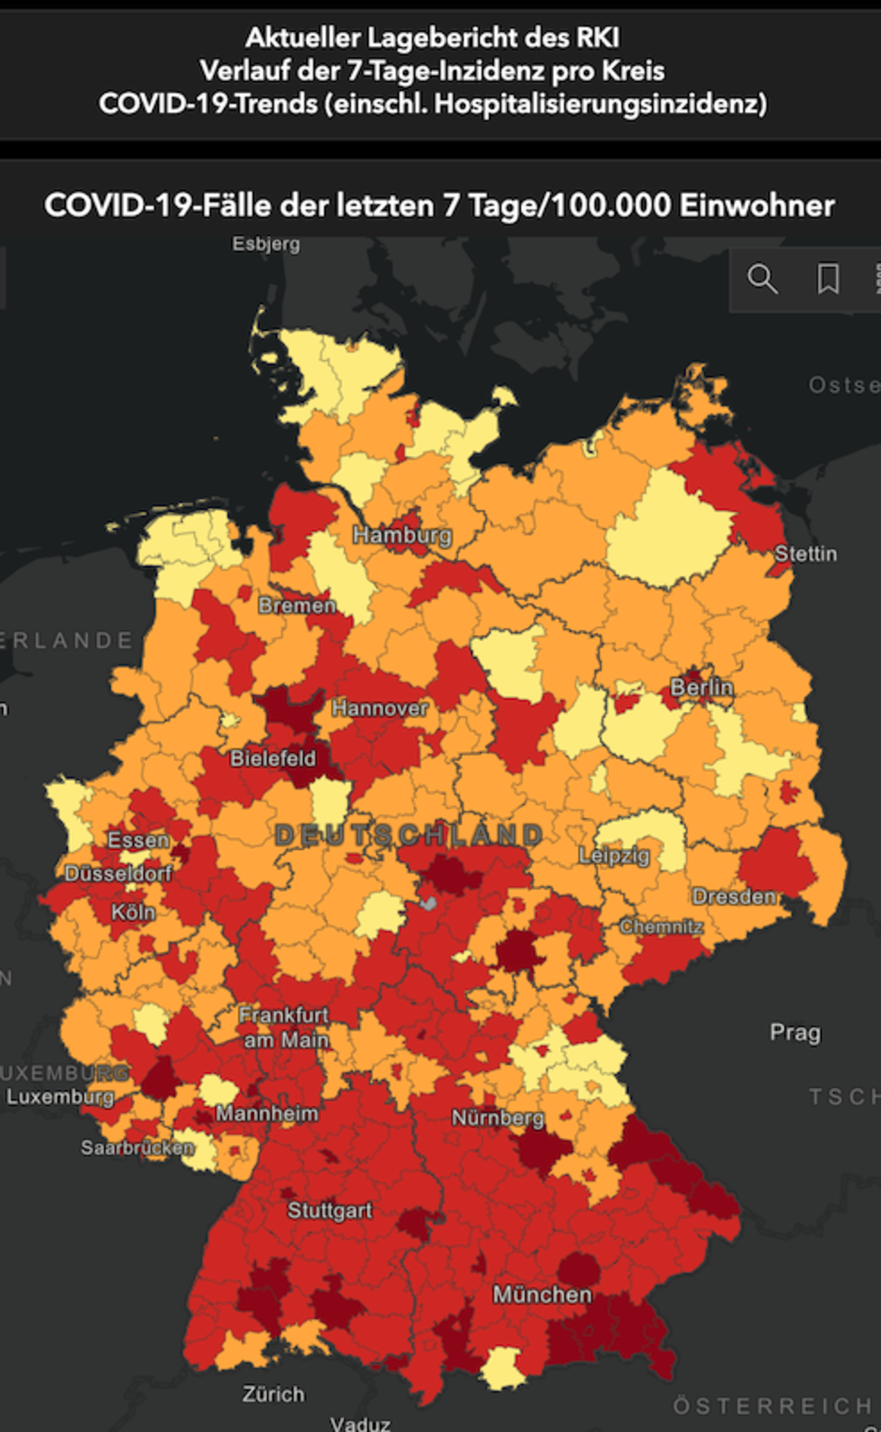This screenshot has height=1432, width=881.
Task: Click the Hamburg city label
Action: click(402, 535)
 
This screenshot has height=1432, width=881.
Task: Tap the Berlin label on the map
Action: click(701, 687)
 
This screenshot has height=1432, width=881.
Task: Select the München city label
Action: click(542, 1295)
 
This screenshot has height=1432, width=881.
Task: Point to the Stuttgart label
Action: click(329, 1211)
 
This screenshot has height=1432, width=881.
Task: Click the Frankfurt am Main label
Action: click(285, 1028)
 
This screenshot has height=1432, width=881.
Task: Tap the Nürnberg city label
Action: click(498, 1118)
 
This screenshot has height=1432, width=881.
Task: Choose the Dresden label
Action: click(734, 897)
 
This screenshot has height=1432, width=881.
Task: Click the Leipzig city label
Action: click(614, 855)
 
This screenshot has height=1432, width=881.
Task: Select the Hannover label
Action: click(380, 708)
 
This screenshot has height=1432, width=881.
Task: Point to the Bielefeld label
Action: click(272, 758)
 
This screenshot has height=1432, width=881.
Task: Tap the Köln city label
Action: click(133, 912)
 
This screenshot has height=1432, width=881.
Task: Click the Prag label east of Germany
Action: click(795, 1032)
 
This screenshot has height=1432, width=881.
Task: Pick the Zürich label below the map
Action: click(273, 1394)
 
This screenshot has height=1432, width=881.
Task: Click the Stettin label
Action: click(805, 554)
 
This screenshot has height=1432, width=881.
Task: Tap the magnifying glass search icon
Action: click(762, 279)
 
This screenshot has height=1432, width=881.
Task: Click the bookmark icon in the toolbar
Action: click(828, 279)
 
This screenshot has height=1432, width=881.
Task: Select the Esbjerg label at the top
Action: click(266, 244)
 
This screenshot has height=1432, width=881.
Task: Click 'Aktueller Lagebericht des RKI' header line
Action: click(432, 38)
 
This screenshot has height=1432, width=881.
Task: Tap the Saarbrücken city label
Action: click(137, 1148)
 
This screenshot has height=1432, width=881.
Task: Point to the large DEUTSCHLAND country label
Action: click(409, 835)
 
